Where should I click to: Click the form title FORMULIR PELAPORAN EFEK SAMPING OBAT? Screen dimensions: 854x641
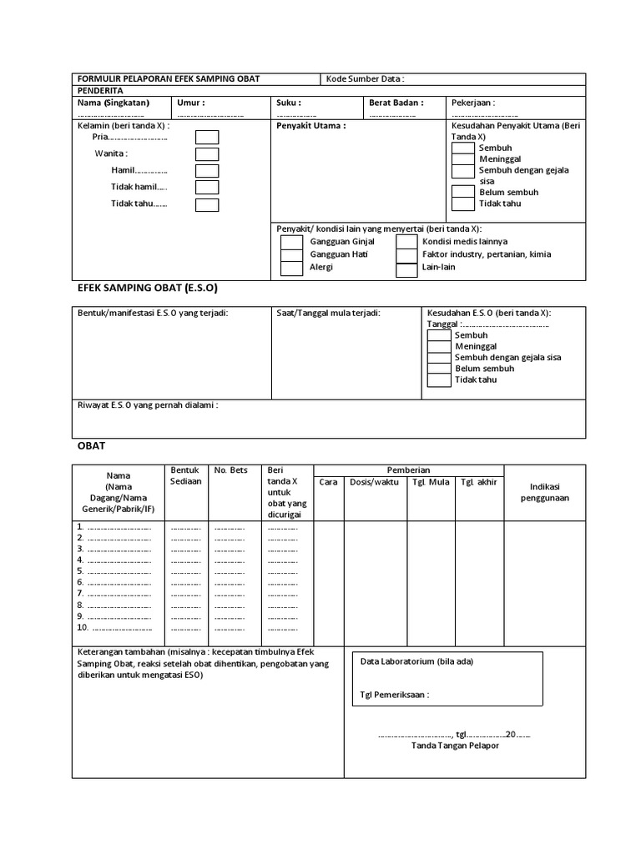[168, 78]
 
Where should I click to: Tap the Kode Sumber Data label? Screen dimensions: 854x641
[365, 78]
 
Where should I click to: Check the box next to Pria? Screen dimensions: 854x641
[207, 138]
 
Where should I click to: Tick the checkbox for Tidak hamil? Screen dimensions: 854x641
[207, 188]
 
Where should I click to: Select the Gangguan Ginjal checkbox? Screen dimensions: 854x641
[291, 242]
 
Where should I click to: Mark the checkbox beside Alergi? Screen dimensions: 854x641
[291, 268]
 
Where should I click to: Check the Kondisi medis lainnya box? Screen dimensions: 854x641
[406, 242]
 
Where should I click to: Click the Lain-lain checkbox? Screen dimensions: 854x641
[406, 269]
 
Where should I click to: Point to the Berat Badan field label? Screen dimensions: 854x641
[396, 103]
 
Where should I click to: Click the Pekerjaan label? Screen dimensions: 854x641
[473, 103]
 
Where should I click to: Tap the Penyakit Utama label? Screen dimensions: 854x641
[310, 126]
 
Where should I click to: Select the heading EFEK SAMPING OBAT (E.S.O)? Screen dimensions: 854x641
[147, 287]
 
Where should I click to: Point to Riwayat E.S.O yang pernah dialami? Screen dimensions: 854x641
[148, 405]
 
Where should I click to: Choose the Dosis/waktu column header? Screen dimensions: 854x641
[374, 482]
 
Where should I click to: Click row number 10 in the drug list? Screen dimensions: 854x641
[83, 627]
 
